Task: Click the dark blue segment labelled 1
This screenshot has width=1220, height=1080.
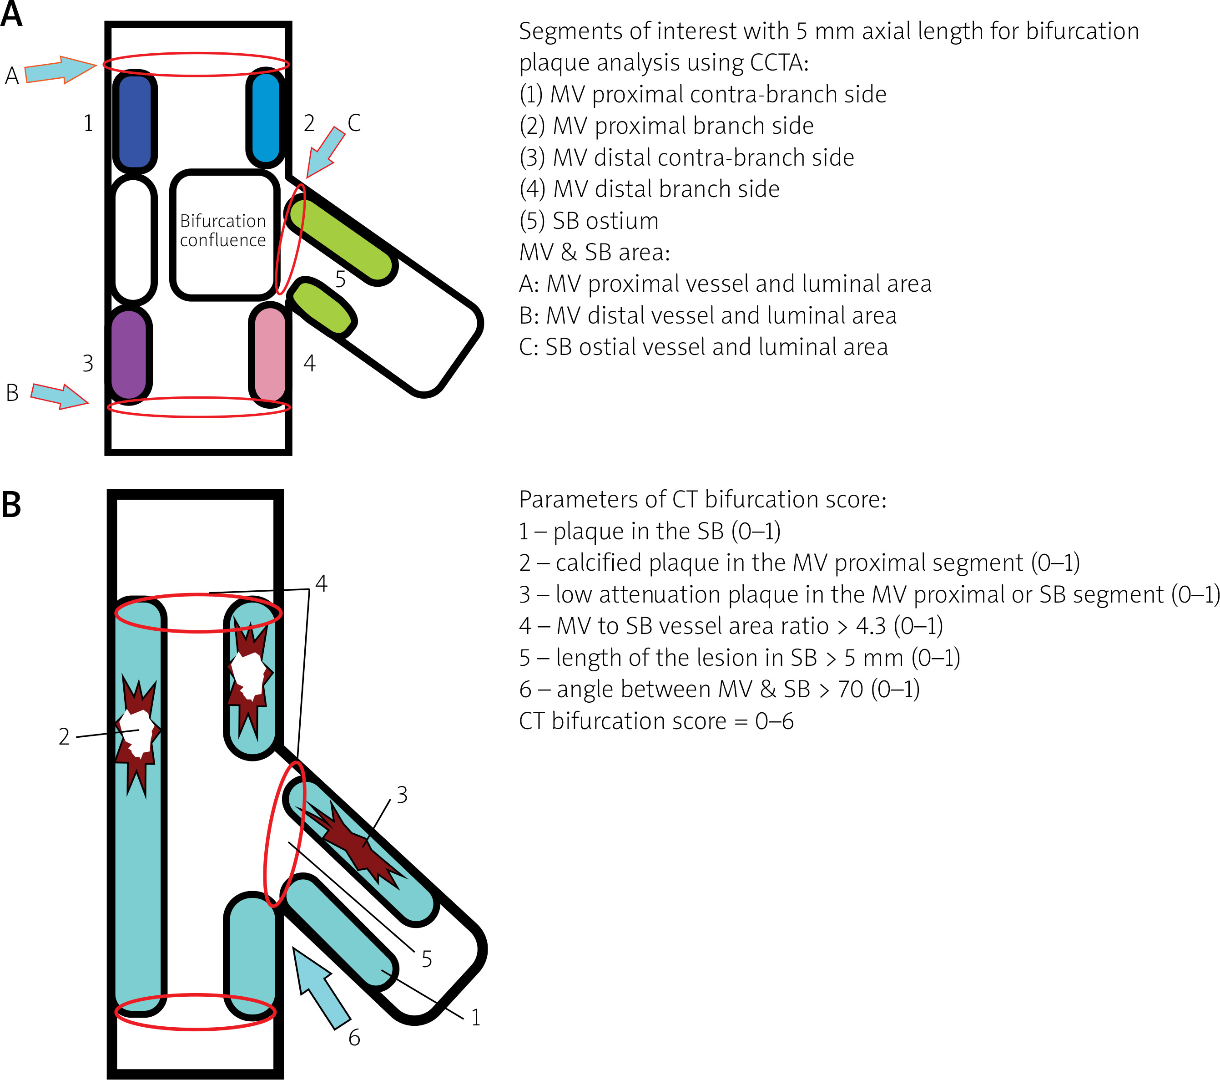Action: coord(135,121)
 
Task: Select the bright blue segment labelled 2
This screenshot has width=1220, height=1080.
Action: coord(266,118)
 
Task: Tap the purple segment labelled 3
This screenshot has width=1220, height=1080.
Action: coord(129,354)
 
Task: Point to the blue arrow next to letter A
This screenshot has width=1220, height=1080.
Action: coord(60,71)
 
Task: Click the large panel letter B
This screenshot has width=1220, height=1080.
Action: coord(11,504)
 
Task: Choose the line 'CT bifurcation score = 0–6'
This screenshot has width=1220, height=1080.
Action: coord(656,721)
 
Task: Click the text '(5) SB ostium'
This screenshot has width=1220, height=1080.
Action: coord(589,221)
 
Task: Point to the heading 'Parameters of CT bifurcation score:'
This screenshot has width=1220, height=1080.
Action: coord(702,499)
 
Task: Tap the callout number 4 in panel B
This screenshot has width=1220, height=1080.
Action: coord(321,583)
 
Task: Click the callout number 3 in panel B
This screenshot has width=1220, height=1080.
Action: coord(402,795)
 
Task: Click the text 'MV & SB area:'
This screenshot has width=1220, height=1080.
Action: coord(595,253)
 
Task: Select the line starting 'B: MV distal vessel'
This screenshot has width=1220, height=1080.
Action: coord(707,316)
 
